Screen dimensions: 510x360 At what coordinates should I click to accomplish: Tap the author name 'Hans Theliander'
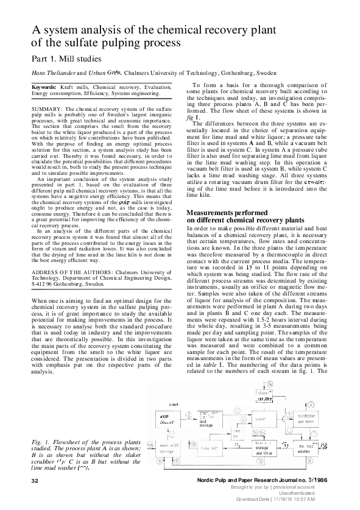click(x=56, y=73)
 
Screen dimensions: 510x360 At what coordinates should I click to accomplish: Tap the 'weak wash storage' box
click(x=167, y=449)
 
